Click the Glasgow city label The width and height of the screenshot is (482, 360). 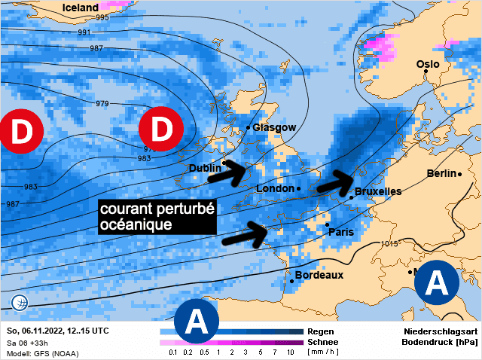(x=275, y=127)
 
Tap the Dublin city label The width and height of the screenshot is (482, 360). (x=205, y=168)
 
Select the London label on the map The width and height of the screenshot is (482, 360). (x=275, y=188)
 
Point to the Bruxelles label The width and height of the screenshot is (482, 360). (x=378, y=191)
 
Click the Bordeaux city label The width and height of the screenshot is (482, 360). (x=319, y=275)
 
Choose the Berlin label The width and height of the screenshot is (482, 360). (x=441, y=173)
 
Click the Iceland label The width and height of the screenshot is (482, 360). (x=80, y=8)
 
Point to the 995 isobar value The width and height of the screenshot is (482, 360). (x=102, y=17)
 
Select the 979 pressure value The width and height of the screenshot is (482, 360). (x=102, y=104)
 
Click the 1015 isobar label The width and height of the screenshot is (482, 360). (x=389, y=243)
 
